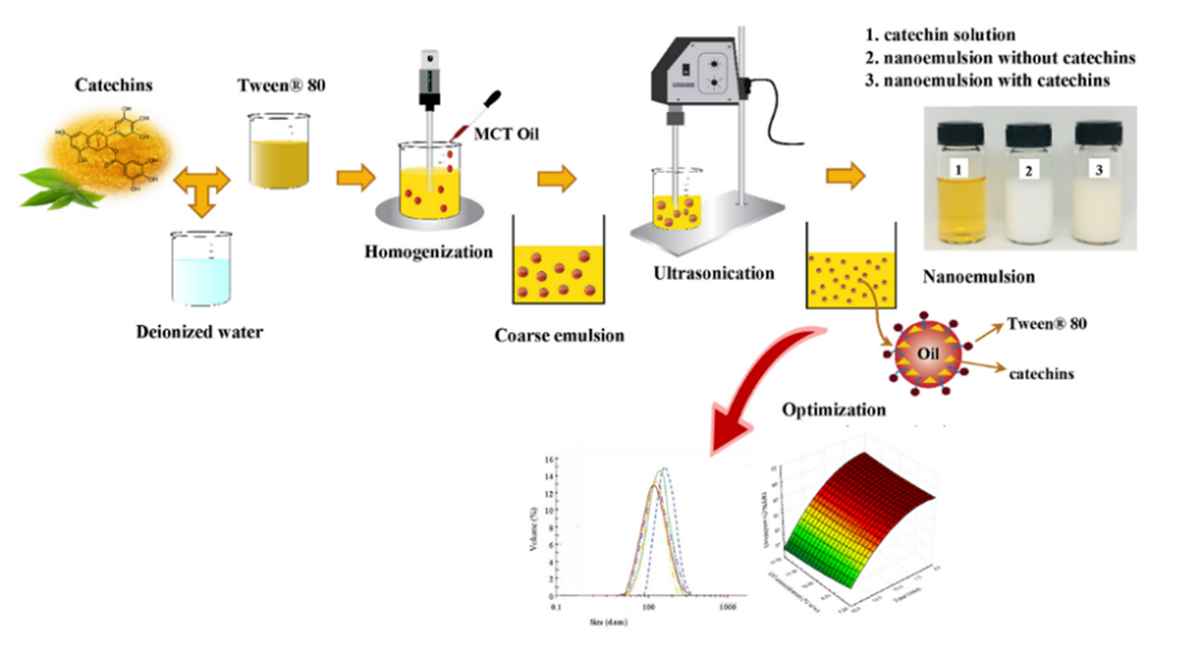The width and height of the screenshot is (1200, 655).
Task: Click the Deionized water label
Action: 199,331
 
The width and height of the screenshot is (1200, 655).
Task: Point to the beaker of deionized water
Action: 201,268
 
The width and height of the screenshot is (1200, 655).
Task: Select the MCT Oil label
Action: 506,134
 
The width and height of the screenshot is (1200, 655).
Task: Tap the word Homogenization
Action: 429,252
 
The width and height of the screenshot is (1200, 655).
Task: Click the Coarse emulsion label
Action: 559,335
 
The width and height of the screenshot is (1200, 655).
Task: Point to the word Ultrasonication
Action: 714,273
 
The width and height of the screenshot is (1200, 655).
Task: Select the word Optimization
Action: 834,410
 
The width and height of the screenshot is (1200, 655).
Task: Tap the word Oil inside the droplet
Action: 927,354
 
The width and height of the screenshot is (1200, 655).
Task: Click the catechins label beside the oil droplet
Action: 1041,374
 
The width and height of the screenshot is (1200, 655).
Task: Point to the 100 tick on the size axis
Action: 647,607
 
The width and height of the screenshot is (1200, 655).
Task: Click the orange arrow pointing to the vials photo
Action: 846,176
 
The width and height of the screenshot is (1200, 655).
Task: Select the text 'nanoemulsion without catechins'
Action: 1009,58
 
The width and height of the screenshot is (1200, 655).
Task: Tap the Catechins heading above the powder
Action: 113,85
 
